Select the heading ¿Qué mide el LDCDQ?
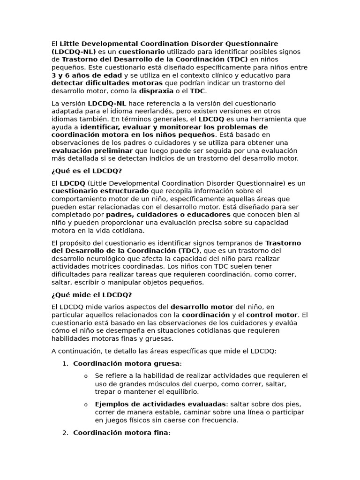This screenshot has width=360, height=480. coord(91,295)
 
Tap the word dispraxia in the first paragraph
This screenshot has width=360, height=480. coord(156,91)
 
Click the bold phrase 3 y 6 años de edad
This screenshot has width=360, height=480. coord(86,75)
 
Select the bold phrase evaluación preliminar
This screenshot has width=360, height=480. coord(92,150)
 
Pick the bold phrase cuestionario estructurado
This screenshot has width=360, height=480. coord(99,191)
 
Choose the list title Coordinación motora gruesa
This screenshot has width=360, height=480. coord(126,363)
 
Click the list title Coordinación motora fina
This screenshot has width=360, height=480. coord(120,433)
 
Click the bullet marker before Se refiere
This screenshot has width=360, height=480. coord(86,376)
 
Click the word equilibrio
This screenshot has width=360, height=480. coord(182,392)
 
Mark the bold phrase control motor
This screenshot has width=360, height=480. coord(271,315)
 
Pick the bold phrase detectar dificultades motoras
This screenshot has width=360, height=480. coord(100,83)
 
